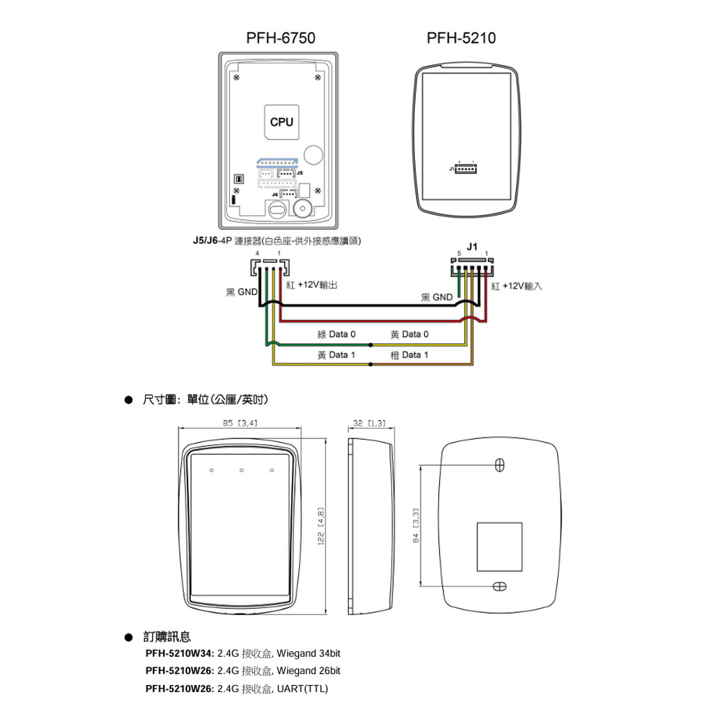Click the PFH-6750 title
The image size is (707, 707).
(280, 37)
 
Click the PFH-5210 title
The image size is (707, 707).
(461, 37)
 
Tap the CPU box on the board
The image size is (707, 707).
(281, 122)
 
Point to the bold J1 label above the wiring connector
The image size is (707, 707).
(472, 247)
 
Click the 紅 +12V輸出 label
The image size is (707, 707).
(312, 284)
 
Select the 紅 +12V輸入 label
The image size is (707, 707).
(516, 286)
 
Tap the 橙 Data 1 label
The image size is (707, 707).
(409, 354)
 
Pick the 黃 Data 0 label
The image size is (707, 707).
(409, 334)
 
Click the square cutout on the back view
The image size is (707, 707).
(500, 547)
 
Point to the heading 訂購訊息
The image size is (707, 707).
(166, 637)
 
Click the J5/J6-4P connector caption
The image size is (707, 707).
(277, 241)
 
